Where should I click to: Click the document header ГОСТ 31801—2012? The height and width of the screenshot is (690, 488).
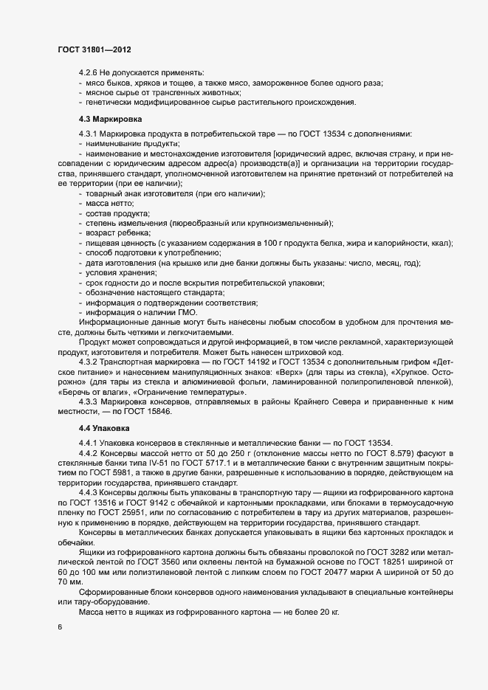pyautogui.click(x=95, y=49)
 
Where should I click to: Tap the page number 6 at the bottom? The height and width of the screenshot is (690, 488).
pyautogui.click(x=60, y=627)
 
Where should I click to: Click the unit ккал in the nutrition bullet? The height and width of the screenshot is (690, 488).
pyautogui.click(x=444, y=244)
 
